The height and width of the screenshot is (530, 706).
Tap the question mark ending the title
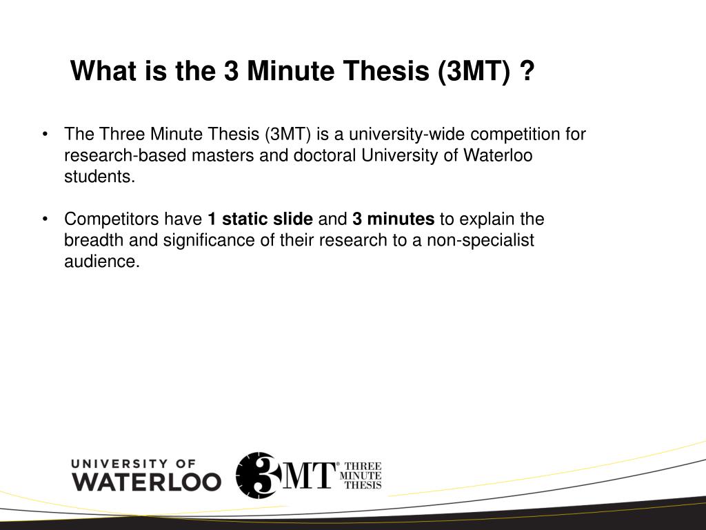coord(527,70)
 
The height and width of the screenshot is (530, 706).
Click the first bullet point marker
coord(45,135)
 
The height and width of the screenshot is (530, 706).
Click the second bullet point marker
coord(45,220)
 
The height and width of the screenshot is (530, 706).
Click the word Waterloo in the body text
coord(498,155)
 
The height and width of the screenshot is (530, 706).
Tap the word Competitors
coord(112,219)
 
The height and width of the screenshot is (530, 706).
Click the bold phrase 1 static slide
coord(261,219)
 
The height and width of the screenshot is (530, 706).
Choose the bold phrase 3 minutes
coord(394,219)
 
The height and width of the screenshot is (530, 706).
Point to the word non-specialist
coord(487,241)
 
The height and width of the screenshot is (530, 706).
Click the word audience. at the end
coord(102,262)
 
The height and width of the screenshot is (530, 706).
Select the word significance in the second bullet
coord(190,241)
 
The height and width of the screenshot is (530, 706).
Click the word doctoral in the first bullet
coord(325,155)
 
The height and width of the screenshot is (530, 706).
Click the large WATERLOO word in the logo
coord(146,481)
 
